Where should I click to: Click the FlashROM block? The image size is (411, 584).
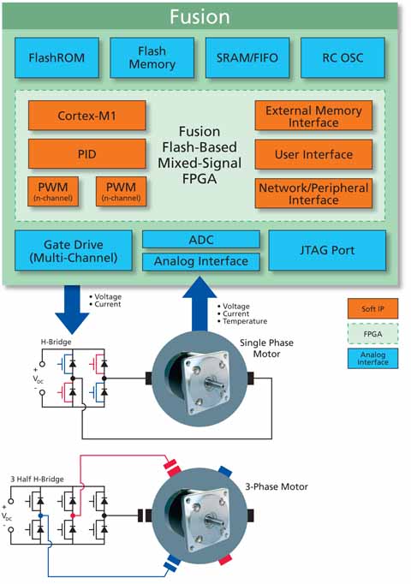coord(57,57)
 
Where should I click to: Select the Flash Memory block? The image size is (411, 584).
coord(152,57)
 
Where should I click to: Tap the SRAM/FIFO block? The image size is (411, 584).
coord(247,57)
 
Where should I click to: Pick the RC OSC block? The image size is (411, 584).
coord(342,57)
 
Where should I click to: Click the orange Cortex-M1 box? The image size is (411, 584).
coord(86,116)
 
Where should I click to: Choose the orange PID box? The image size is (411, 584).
coord(86,154)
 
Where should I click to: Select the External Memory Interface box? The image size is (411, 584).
coord(313,116)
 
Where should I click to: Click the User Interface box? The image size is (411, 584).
coord(313,154)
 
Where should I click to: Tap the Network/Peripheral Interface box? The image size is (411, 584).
coord(313,194)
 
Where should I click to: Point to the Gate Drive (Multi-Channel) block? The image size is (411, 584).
coord(74,250)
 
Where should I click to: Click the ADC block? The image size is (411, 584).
coord(201,240)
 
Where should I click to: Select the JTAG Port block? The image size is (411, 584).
coord(327,250)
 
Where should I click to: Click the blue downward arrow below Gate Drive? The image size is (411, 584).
coord(72,309)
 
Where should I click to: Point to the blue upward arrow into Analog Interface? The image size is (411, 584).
coord(200,303)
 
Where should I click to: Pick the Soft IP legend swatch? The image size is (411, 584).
coord(372,308)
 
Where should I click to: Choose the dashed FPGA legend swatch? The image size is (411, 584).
coord(372,333)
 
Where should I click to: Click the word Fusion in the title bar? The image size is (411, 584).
coord(200,17)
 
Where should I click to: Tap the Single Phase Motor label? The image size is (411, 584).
coord(266,349)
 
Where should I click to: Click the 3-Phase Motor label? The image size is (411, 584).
coord(277,486)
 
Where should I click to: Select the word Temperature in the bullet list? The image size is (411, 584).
coord(245,321)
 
